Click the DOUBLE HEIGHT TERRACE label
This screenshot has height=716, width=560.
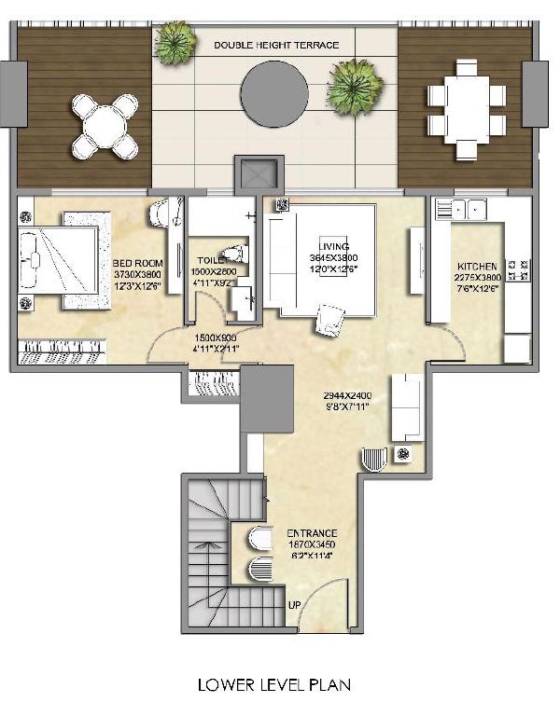(276, 45)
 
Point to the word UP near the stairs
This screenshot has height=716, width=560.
(295, 607)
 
